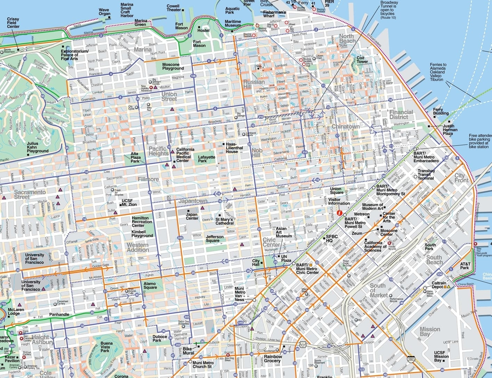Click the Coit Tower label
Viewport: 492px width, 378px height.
tap(362, 60)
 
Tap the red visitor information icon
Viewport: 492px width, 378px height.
tap(340, 213)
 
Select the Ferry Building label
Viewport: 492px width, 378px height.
tap(441, 111)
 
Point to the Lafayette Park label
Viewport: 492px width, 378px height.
tap(207, 159)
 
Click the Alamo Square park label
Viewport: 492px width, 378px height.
tap(150, 285)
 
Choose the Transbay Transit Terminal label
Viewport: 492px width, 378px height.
tap(426, 174)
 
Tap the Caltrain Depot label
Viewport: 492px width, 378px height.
tap(439, 285)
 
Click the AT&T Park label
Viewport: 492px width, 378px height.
tap(465, 266)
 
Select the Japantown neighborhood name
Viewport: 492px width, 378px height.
tap(193, 201)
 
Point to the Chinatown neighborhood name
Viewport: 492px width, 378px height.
tap(345, 127)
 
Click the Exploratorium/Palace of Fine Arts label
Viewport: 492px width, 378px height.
tap(75, 55)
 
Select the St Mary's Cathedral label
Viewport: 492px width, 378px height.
tap(224, 221)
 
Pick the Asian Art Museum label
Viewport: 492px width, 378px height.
tap(283, 232)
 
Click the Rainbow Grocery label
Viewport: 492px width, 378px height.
tap(273, 359)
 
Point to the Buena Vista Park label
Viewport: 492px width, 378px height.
tap(105, 347)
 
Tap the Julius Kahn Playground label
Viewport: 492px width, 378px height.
tap(38, 147)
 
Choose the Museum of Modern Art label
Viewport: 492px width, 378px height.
tap(372, 207)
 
